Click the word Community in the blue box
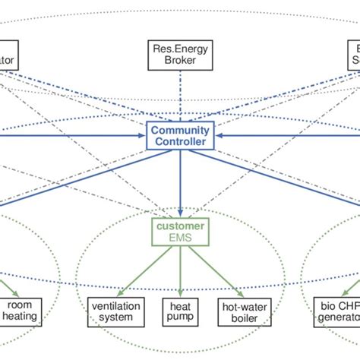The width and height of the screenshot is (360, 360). click(180, 130)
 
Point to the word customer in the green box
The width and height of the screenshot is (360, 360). click(180, 227)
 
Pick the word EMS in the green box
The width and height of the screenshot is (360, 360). click(180, 238)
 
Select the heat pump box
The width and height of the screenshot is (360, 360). click(180, 310)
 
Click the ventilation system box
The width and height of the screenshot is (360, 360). click(116, 310)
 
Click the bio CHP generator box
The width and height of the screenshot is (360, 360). click(339, 310)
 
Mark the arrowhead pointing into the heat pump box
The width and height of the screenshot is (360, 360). click(180, 292)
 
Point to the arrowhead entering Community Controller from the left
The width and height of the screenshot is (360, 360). click(144, 135)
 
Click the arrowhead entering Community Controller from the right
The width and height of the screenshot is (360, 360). click(216, 135)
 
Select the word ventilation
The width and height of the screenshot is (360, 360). click(116, 304)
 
